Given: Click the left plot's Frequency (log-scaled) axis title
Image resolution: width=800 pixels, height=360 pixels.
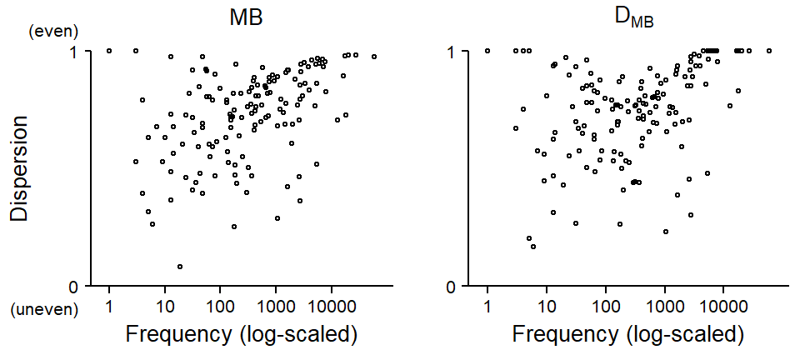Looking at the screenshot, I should tap(242, 335).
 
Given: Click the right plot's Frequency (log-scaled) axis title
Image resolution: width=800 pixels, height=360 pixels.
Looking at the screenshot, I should tap(627, 335).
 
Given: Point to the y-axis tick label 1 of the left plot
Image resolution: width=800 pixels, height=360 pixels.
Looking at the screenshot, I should tap(71, 51).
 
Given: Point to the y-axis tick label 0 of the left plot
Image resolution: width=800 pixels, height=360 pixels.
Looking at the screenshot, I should tap(71, 286).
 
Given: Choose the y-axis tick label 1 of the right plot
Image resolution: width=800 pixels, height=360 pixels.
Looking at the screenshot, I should tap(452, 51).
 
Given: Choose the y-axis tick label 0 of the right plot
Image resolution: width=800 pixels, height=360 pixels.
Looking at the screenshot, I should tap(452, 286).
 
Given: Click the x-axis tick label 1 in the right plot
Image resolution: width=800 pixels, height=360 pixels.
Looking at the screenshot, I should tap(487, 307).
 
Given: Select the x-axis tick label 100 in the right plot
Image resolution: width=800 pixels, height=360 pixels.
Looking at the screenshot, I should tap(605, 307).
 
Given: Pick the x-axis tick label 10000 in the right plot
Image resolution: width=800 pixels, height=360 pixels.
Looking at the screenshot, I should tap(722, 307).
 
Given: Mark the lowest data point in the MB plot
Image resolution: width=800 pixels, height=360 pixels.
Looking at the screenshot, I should tap(180, 267).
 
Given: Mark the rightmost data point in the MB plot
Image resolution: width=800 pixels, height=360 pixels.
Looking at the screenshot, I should tap(374, 57).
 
